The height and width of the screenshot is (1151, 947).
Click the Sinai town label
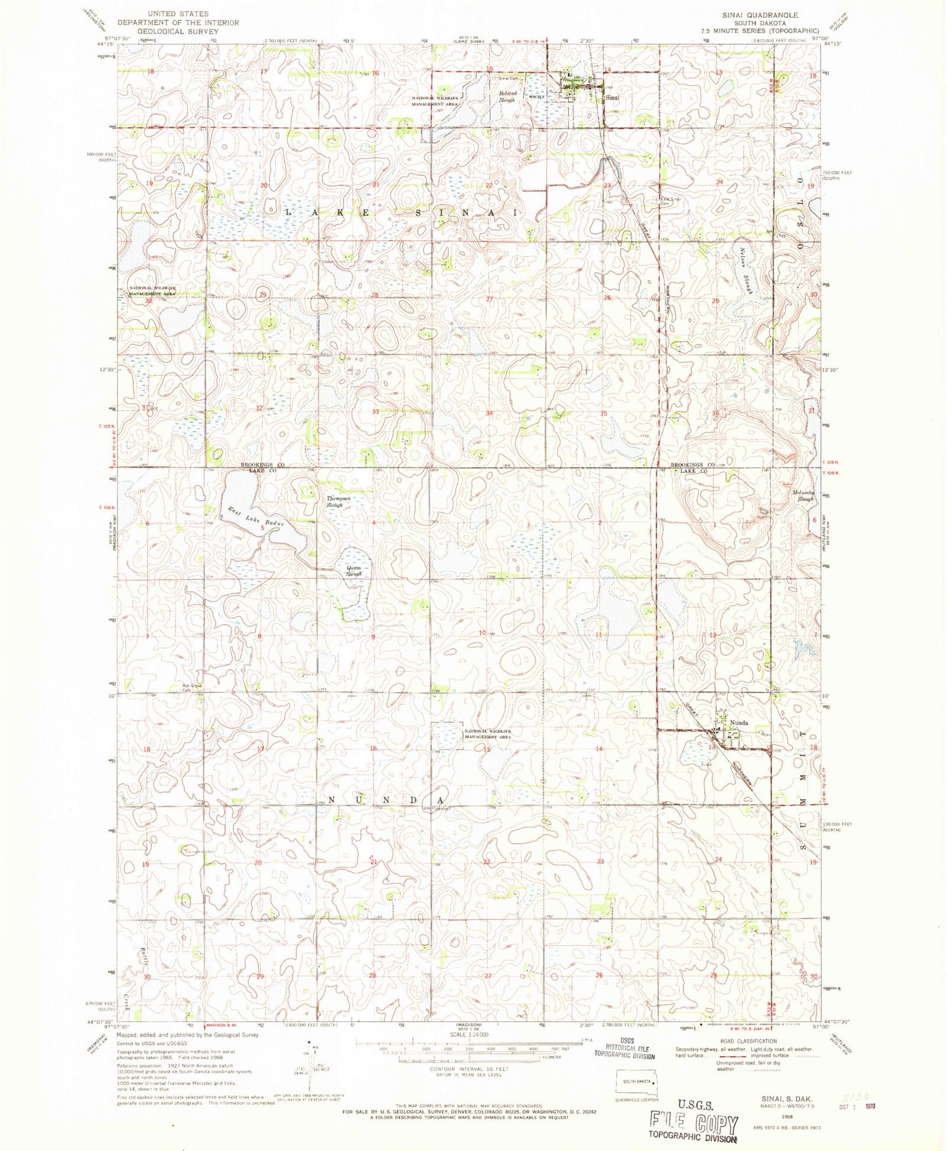612,98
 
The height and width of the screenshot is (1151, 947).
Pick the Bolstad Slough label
505,97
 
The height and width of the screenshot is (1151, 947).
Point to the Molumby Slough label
804,495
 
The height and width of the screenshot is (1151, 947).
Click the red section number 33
376,411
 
